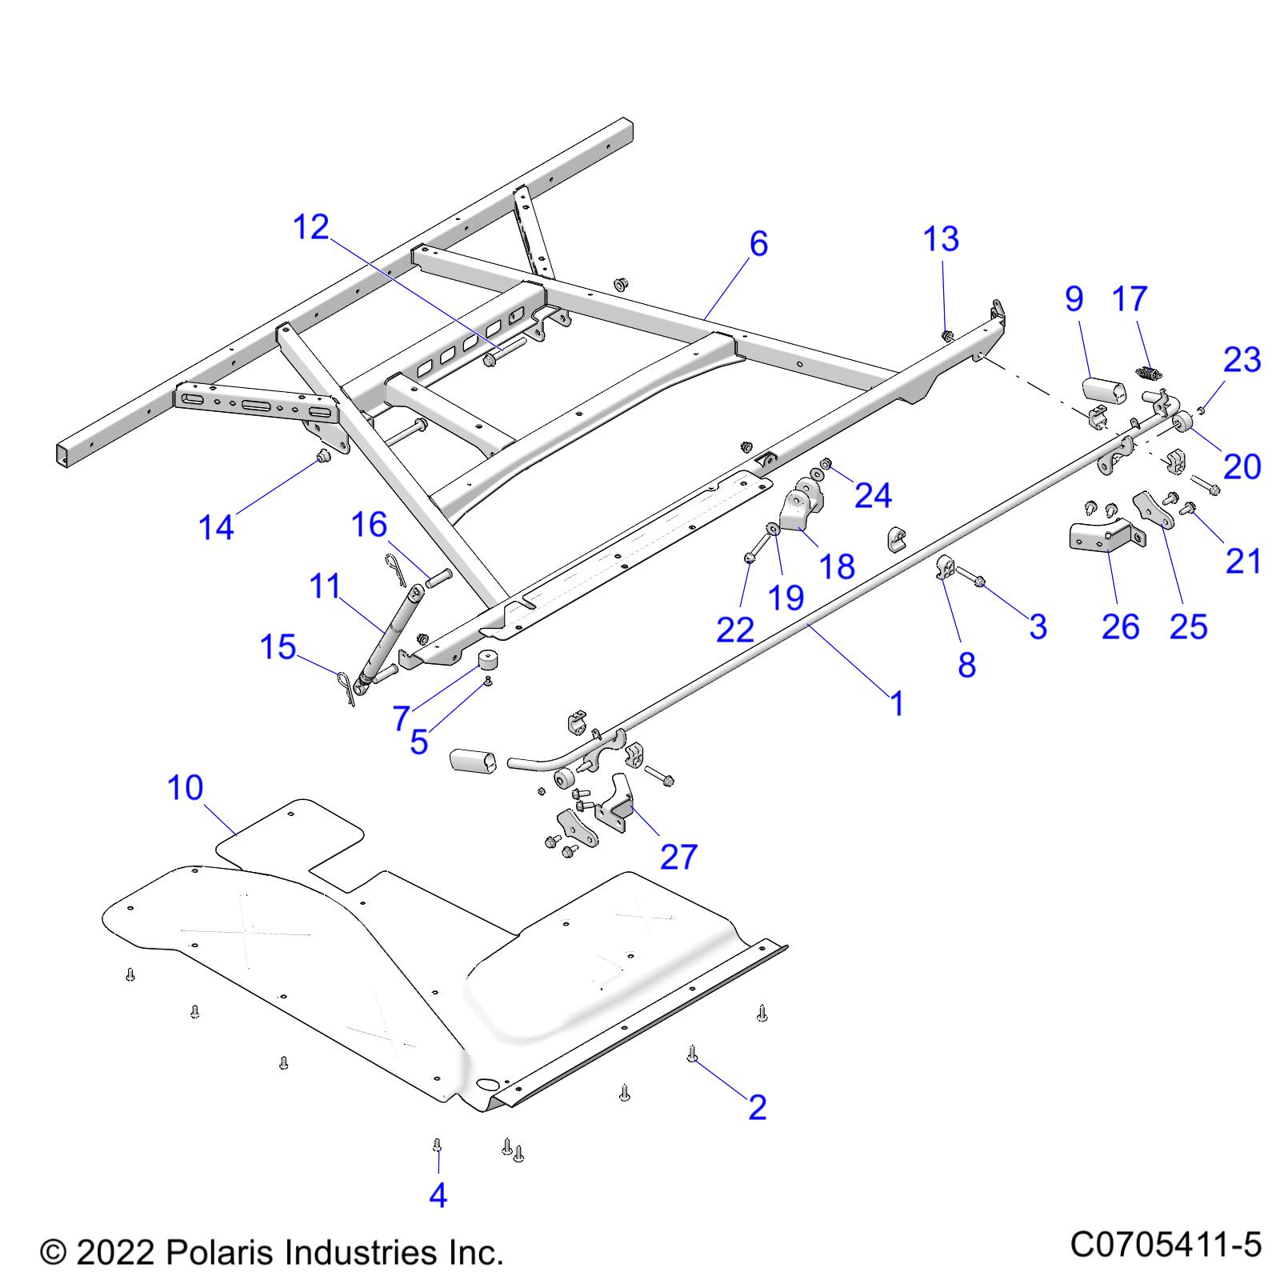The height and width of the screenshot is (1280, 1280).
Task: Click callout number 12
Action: pos(311,228)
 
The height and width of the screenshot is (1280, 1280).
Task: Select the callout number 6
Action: pos(758,244)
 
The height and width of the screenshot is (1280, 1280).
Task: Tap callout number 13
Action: pos(941,239)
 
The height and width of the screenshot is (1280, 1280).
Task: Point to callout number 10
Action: pos(186,788)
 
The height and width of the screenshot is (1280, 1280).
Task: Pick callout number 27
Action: pos(678,857)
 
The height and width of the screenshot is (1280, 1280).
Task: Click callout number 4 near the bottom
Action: pos(438,1195)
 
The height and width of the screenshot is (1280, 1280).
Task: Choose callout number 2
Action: pos(757,1107)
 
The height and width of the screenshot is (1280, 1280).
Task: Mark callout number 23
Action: pos(1242,360)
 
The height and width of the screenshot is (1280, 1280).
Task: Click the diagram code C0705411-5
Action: pos(1166,1246)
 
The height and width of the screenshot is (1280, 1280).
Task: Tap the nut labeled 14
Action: pos(324,457)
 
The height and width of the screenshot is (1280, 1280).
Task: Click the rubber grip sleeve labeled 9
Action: pos(1103,390)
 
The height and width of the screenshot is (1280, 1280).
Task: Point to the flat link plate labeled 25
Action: pos(1153,510)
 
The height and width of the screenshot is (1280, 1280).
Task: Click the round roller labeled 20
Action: pos(1182,421)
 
